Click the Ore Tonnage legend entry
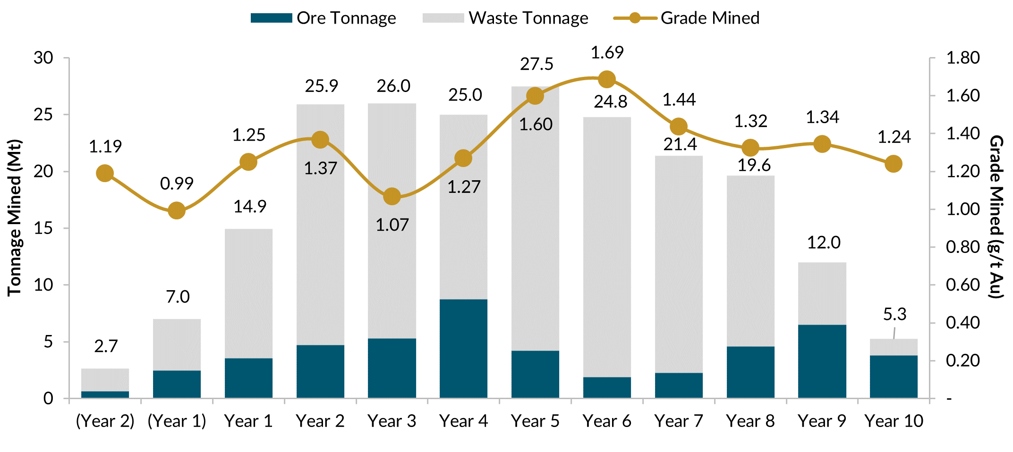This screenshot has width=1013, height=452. (323, 18)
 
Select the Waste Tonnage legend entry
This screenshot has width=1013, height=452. (505, 18)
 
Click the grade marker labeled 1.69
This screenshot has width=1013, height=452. (607, 79)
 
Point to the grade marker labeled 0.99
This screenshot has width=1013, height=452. (177, 210)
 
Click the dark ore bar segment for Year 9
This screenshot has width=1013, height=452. (822, 361)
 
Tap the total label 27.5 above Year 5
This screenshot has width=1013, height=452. (536, 64)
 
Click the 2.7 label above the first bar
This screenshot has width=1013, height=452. (105, 346)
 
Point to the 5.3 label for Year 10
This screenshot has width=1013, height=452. (894, 314)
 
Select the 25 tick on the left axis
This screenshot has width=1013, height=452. (43, 115)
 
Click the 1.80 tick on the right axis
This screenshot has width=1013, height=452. (963, 58)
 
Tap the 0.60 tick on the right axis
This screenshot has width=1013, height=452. (963, 285)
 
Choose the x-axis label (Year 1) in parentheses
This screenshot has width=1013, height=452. (177, 421)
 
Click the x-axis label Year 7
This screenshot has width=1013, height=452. (679, 421)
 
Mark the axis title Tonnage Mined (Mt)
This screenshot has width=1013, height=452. (14, 218)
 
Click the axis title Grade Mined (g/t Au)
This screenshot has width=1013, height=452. (996, 217)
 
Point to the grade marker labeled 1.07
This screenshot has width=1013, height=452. (392, 197)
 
